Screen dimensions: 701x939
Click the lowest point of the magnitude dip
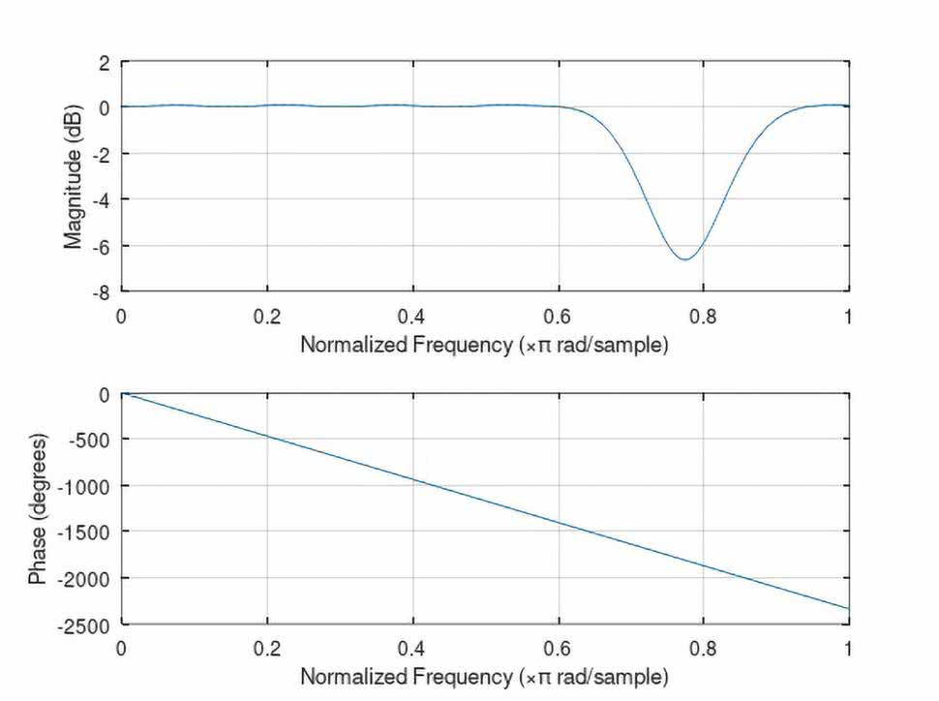coord(684,259)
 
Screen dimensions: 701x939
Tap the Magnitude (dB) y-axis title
coord(74,177)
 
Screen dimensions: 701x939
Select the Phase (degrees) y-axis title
coord(38,509)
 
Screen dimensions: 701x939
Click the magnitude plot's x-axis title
coord(484,345)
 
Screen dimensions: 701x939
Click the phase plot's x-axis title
coord(484,674)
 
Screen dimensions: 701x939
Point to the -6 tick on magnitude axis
coord(102,245)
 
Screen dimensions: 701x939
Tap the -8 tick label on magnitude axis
coord(102,290)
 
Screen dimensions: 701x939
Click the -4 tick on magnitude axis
coord(102,199)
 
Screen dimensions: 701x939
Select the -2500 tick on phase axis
coord(88,624)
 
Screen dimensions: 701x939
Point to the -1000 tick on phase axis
coord(88,485)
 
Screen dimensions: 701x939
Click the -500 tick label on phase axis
coord(92,440)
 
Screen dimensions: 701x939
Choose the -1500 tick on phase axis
coord(88,532)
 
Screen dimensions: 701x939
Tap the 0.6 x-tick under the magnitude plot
coord(559,316)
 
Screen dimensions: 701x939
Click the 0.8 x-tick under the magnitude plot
coord(704,316)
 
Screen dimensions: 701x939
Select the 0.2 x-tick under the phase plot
coord(267,646)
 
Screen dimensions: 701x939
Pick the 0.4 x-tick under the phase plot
coord(412,646)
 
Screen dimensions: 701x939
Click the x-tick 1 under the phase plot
coord(849,646)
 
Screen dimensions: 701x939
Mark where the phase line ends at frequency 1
coord(849,608)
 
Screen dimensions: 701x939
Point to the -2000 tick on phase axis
coord(88,578)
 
